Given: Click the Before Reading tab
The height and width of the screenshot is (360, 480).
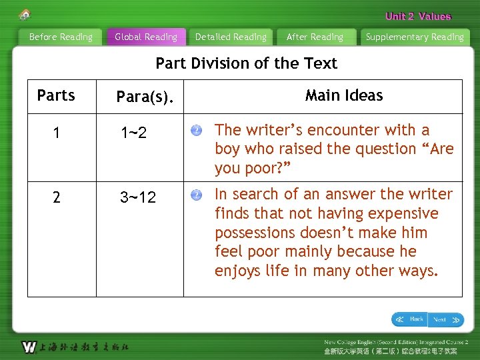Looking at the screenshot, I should pyautogui.click(x=61, y=37).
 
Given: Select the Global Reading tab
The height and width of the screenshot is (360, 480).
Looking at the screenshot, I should pyautogui.click(x=146, y=37).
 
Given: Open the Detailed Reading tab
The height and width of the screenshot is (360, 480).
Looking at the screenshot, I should pyautogui.click(x=231, y=37).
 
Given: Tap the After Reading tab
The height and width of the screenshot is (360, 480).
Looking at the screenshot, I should pyautogui.click(x=315, y=37).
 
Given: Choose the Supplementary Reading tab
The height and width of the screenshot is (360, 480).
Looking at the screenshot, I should pyautogui.click(x=415, y=37).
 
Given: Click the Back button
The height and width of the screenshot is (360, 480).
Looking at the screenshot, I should pyautogui.click(x=409, y=319).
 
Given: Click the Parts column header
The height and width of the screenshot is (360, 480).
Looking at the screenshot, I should pyautogui.click(x=56, y=95).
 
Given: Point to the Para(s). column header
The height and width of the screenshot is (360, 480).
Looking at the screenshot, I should pyautogui.click(x=145, y=97).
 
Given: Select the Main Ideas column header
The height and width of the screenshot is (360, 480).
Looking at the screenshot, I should pyautogui.click(x=344, y=95).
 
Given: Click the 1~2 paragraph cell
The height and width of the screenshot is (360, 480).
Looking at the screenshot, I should pyautogui.click(x=133, y=133).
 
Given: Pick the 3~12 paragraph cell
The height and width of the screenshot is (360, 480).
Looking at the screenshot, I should pyautogui.click(x=138, y=197).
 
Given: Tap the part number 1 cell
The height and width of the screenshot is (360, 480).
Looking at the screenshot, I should pyautogui.click(x=57, y=133).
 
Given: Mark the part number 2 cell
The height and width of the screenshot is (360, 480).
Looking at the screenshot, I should pyautogui.click(x=57, y=197).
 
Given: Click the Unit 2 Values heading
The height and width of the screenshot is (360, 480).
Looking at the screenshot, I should pyautogui.click(x=418, y=17).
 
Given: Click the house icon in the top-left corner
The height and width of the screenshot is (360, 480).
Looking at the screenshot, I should pyautogui.click(x=25, y=14).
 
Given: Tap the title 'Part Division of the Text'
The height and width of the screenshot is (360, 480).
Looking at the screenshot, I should pyautogui.click(x=246, y=63).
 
